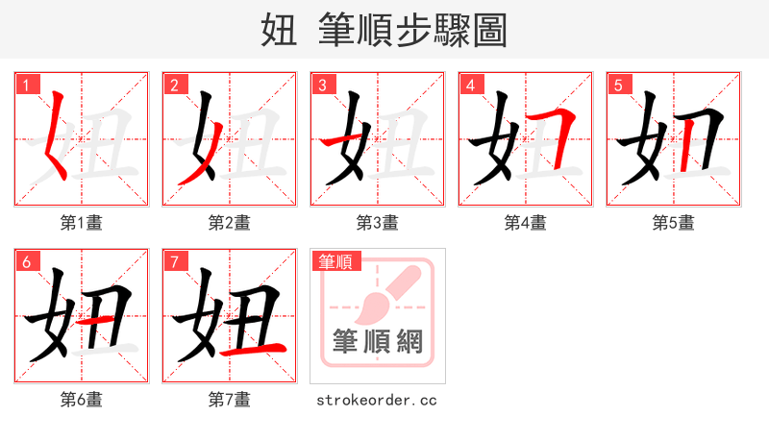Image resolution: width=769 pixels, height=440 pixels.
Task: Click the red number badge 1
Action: (26, 85)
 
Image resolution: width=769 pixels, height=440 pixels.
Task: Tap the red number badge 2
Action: (174, 85)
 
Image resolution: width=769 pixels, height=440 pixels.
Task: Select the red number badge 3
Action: (322, 85)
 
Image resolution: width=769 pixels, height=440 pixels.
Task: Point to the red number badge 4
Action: (470, 85)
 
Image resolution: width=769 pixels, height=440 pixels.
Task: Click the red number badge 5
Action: (618, 85)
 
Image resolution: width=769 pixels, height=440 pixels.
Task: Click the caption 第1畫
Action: (82, 223)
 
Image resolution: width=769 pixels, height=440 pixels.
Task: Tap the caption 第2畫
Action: (230, 223)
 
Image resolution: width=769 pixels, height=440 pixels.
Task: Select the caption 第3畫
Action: (378, 223)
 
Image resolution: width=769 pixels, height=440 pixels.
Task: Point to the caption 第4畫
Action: (526, 223)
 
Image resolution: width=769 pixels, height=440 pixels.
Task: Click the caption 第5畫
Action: (674, 223)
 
